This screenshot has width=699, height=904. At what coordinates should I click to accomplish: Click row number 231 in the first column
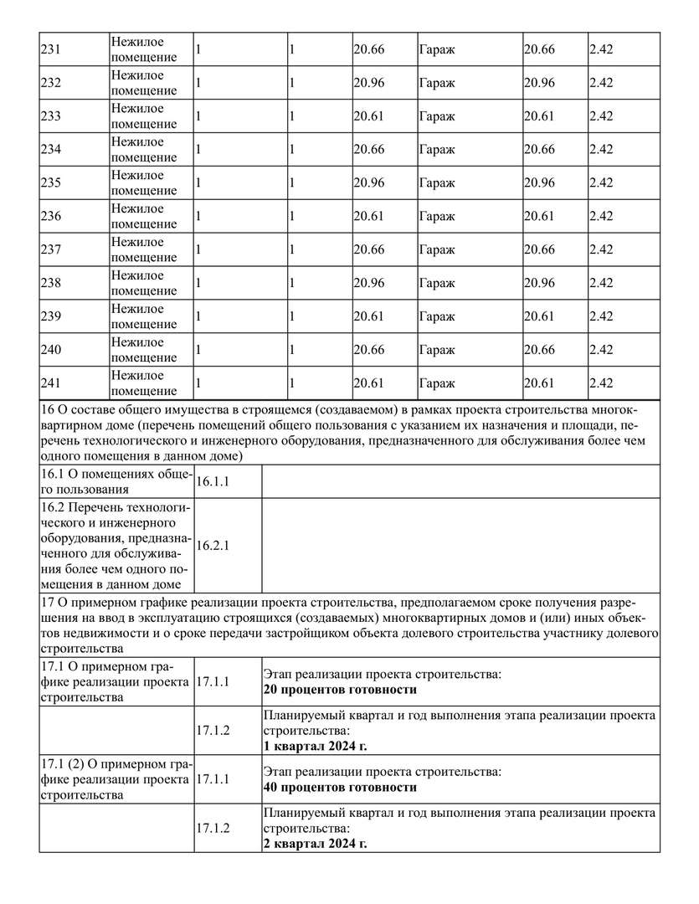point(51,49)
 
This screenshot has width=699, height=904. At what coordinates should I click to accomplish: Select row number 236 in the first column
point(51,217)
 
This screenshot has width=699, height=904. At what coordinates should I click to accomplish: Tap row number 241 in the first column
point(51,383)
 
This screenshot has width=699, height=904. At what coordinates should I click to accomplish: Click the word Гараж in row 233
point(437,116)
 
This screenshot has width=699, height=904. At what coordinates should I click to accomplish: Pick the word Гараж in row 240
point(437,350)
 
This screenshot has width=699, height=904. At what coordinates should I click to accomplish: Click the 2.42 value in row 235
point(601,183)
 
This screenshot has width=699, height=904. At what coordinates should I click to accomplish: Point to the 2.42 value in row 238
point(601,283)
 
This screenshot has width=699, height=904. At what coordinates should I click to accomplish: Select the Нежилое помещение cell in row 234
point(143,150)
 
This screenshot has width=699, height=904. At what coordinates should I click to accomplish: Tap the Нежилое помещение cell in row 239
point(143,316)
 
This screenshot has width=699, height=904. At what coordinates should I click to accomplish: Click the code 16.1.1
point(213,482)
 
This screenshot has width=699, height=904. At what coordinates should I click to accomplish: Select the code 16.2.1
point(213,545)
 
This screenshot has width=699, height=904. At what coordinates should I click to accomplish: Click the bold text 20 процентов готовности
point(340,691)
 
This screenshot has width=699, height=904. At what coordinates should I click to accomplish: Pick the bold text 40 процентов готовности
point(340,788)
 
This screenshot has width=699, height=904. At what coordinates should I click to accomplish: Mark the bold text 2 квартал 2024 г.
point(315,843)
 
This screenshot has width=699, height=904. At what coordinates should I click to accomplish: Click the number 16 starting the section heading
point(47,409)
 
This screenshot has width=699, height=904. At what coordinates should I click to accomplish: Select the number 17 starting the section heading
point(47,603)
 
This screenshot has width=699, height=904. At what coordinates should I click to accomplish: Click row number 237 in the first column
point(51,250)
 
